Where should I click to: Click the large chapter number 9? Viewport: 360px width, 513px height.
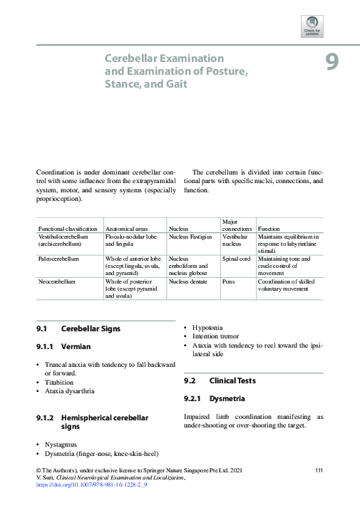click(x=331, y=63)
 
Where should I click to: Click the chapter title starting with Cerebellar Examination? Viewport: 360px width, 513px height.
click(x=176, y=71)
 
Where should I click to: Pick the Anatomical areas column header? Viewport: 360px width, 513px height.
click(x=127, y=229)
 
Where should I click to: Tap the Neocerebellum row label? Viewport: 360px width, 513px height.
click(x=57, y=281)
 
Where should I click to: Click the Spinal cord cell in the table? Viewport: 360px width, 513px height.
click(x=236, y=259)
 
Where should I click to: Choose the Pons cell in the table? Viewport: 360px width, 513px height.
click(x=229, y=281)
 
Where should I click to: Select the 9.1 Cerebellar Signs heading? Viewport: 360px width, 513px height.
click(x=78, y=329)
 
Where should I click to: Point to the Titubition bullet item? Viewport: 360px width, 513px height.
click(x=61, y=382)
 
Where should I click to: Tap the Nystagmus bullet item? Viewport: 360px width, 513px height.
click(x=62, y=444)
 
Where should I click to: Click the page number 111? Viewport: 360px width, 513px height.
click(x=319, y=470)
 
